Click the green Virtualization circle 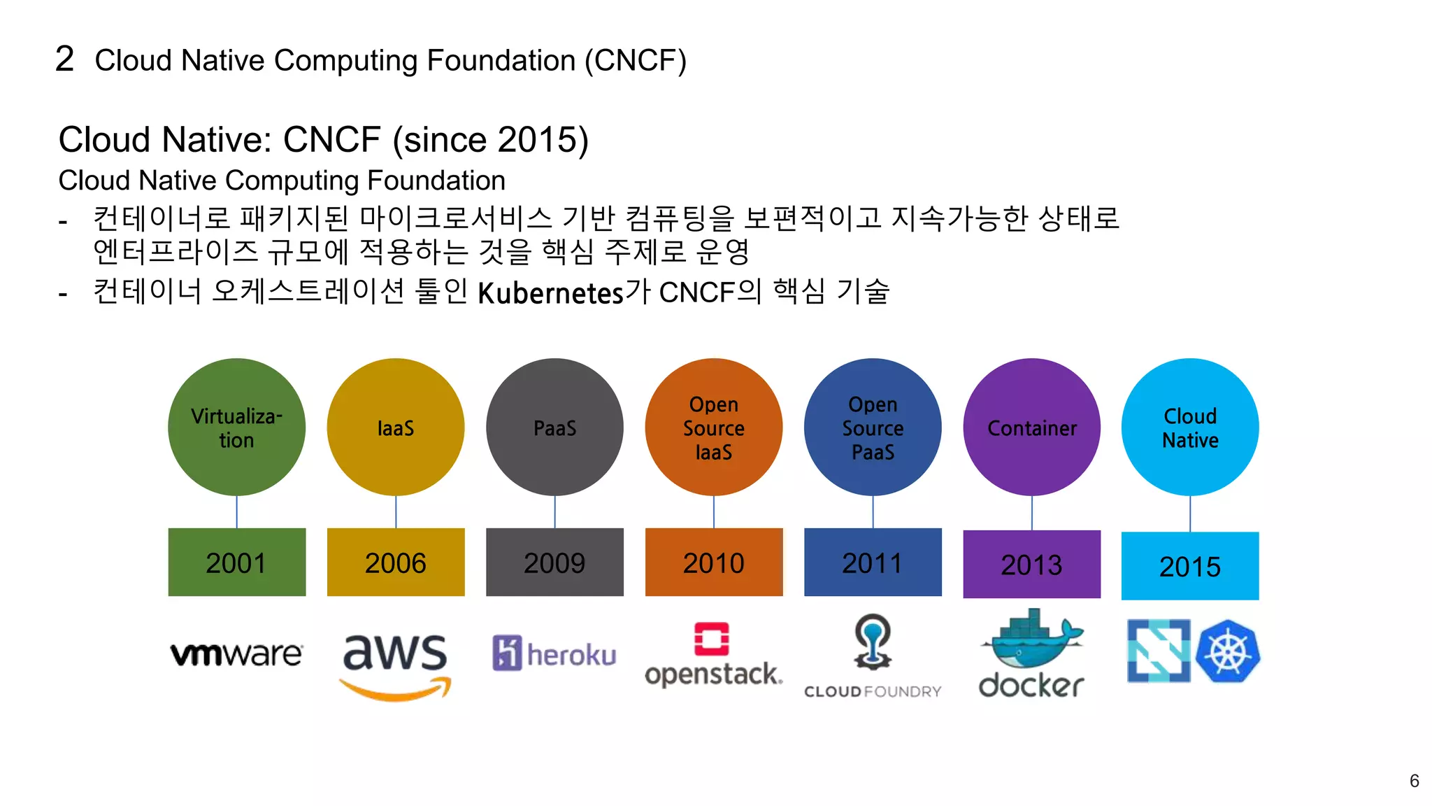(236, 427)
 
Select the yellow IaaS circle (396, 427)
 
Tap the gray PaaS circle (554, 427)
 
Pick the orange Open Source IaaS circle (713, 427)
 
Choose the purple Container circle (1031, 427)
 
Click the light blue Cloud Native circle (1190, 427)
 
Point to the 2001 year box (236, 563)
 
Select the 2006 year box (396, 563)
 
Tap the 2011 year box (873, 563)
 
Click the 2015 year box (1190, 566)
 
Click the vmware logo (236, 654)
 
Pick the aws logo (396, 665)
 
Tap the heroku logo (554, 653)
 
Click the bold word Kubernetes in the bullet (550, 293)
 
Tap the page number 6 (1414, 781)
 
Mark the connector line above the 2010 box (714, 511)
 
